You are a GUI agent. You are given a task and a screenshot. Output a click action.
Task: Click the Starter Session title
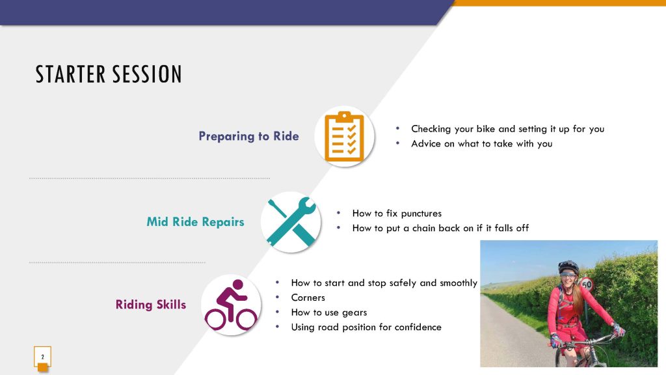[x=109, y=74]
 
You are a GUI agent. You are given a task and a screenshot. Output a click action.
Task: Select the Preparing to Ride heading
[x=248, y=136]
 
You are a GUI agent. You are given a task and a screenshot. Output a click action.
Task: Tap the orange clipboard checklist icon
[x=345, y=136]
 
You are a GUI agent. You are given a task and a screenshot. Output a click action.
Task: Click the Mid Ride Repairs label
[x=195, y=221]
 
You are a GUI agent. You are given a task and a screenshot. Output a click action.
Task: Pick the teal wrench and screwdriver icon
[x=291, y=222]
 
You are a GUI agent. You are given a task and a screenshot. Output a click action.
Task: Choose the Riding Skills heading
[x=151, y=305]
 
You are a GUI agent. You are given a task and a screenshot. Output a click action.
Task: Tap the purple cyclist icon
[x=231, y=305]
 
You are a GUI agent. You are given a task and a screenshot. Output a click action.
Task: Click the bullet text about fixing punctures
[x=397, y=213]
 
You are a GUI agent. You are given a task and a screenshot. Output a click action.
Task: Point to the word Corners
[x=308, y=298]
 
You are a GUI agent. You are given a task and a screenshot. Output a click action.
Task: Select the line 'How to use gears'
[x=328, y=312]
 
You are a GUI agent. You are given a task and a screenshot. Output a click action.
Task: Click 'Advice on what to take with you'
[x=482, y=144]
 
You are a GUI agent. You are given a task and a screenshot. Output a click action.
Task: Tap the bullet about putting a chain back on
[x=440, y=228]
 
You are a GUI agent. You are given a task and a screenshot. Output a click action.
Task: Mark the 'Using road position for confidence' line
[x=366, y=327]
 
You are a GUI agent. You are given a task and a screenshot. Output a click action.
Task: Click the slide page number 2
[x=42, y=357]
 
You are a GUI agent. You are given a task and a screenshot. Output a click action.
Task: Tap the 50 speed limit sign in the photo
[x=586, y=285]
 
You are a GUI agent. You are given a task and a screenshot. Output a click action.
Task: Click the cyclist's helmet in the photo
[x=568, y=267]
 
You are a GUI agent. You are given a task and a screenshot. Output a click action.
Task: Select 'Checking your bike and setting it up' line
[x=507, y=129]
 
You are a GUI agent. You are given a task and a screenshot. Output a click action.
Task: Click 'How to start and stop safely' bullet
[x=384, y=283]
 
